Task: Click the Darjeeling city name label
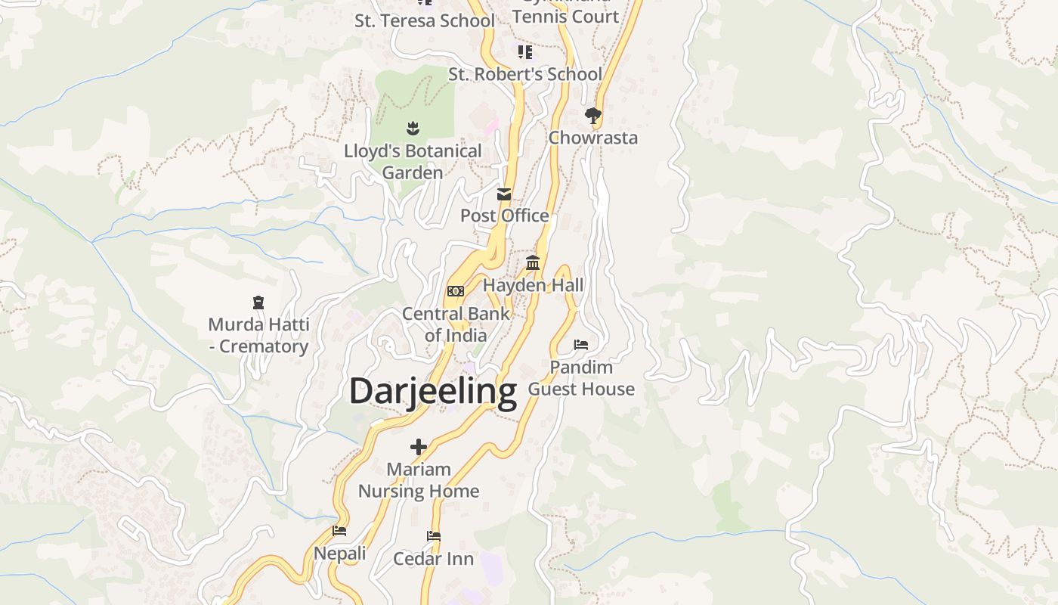tap(432, 391)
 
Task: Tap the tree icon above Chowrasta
tap(593, 116)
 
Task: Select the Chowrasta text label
tap(593, 138)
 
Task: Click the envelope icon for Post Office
tap(504, 194)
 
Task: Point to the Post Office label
tap(505, 216)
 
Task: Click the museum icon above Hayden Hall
tap(533, 263)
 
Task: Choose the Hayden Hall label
tap(534, 285)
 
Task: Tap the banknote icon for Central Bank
tap(456, 291)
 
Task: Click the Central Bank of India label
tap(456, 324)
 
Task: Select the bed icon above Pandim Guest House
tap(580, 345)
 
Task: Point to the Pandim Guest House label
tap(581, 377)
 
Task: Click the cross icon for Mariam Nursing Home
tap(419, 447)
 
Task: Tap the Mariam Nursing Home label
tap(419, 479)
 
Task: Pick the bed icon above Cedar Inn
tap(434, 536)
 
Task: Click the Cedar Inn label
tap(434, 559)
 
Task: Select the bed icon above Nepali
tap(339, 531)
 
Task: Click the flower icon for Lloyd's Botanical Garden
tap(413, 129)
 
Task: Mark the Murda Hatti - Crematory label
tap(258, 335)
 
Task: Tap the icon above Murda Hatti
tap(258, 302)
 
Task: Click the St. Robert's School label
tap(525, 74)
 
